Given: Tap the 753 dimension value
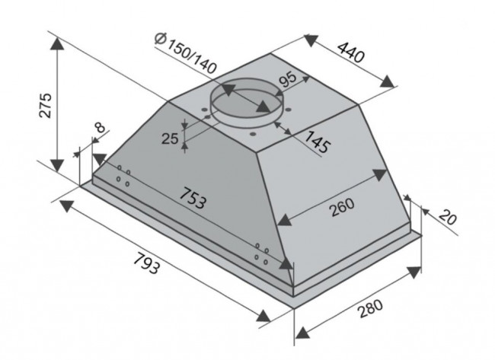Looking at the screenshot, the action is tap(193, 198).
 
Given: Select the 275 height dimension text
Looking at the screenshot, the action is tap(44, 105).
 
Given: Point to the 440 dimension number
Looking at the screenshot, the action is tap(351, 52).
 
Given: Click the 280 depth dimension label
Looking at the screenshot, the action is tap(370, 308).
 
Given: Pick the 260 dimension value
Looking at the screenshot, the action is tap(342, 207).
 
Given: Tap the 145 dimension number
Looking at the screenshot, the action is tap(317, 142).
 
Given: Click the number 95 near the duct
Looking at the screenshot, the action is tap(288, 79).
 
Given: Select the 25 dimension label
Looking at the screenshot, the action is tap(170, 139).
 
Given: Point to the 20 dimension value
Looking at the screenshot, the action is tap(448, 218).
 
